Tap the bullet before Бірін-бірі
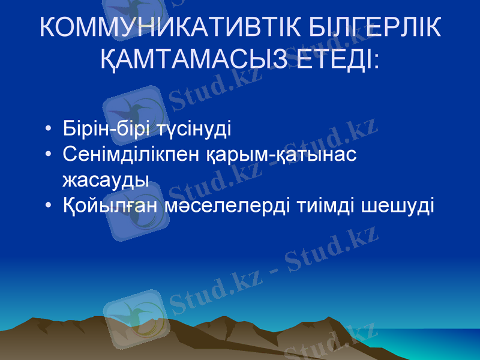[48, 130]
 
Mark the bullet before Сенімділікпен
[48, 155]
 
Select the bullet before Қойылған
[48, 206]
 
